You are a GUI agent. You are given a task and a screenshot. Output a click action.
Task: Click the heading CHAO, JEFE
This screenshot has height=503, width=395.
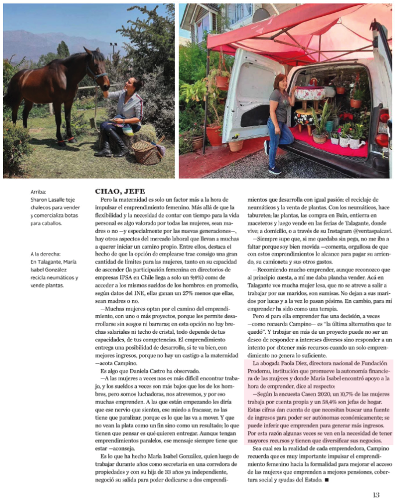tap(120, 191)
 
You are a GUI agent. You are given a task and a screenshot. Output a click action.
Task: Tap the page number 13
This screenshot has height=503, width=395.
tap(376, 495)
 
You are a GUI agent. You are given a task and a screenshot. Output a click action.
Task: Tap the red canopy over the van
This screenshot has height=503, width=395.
tap(291, 29)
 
